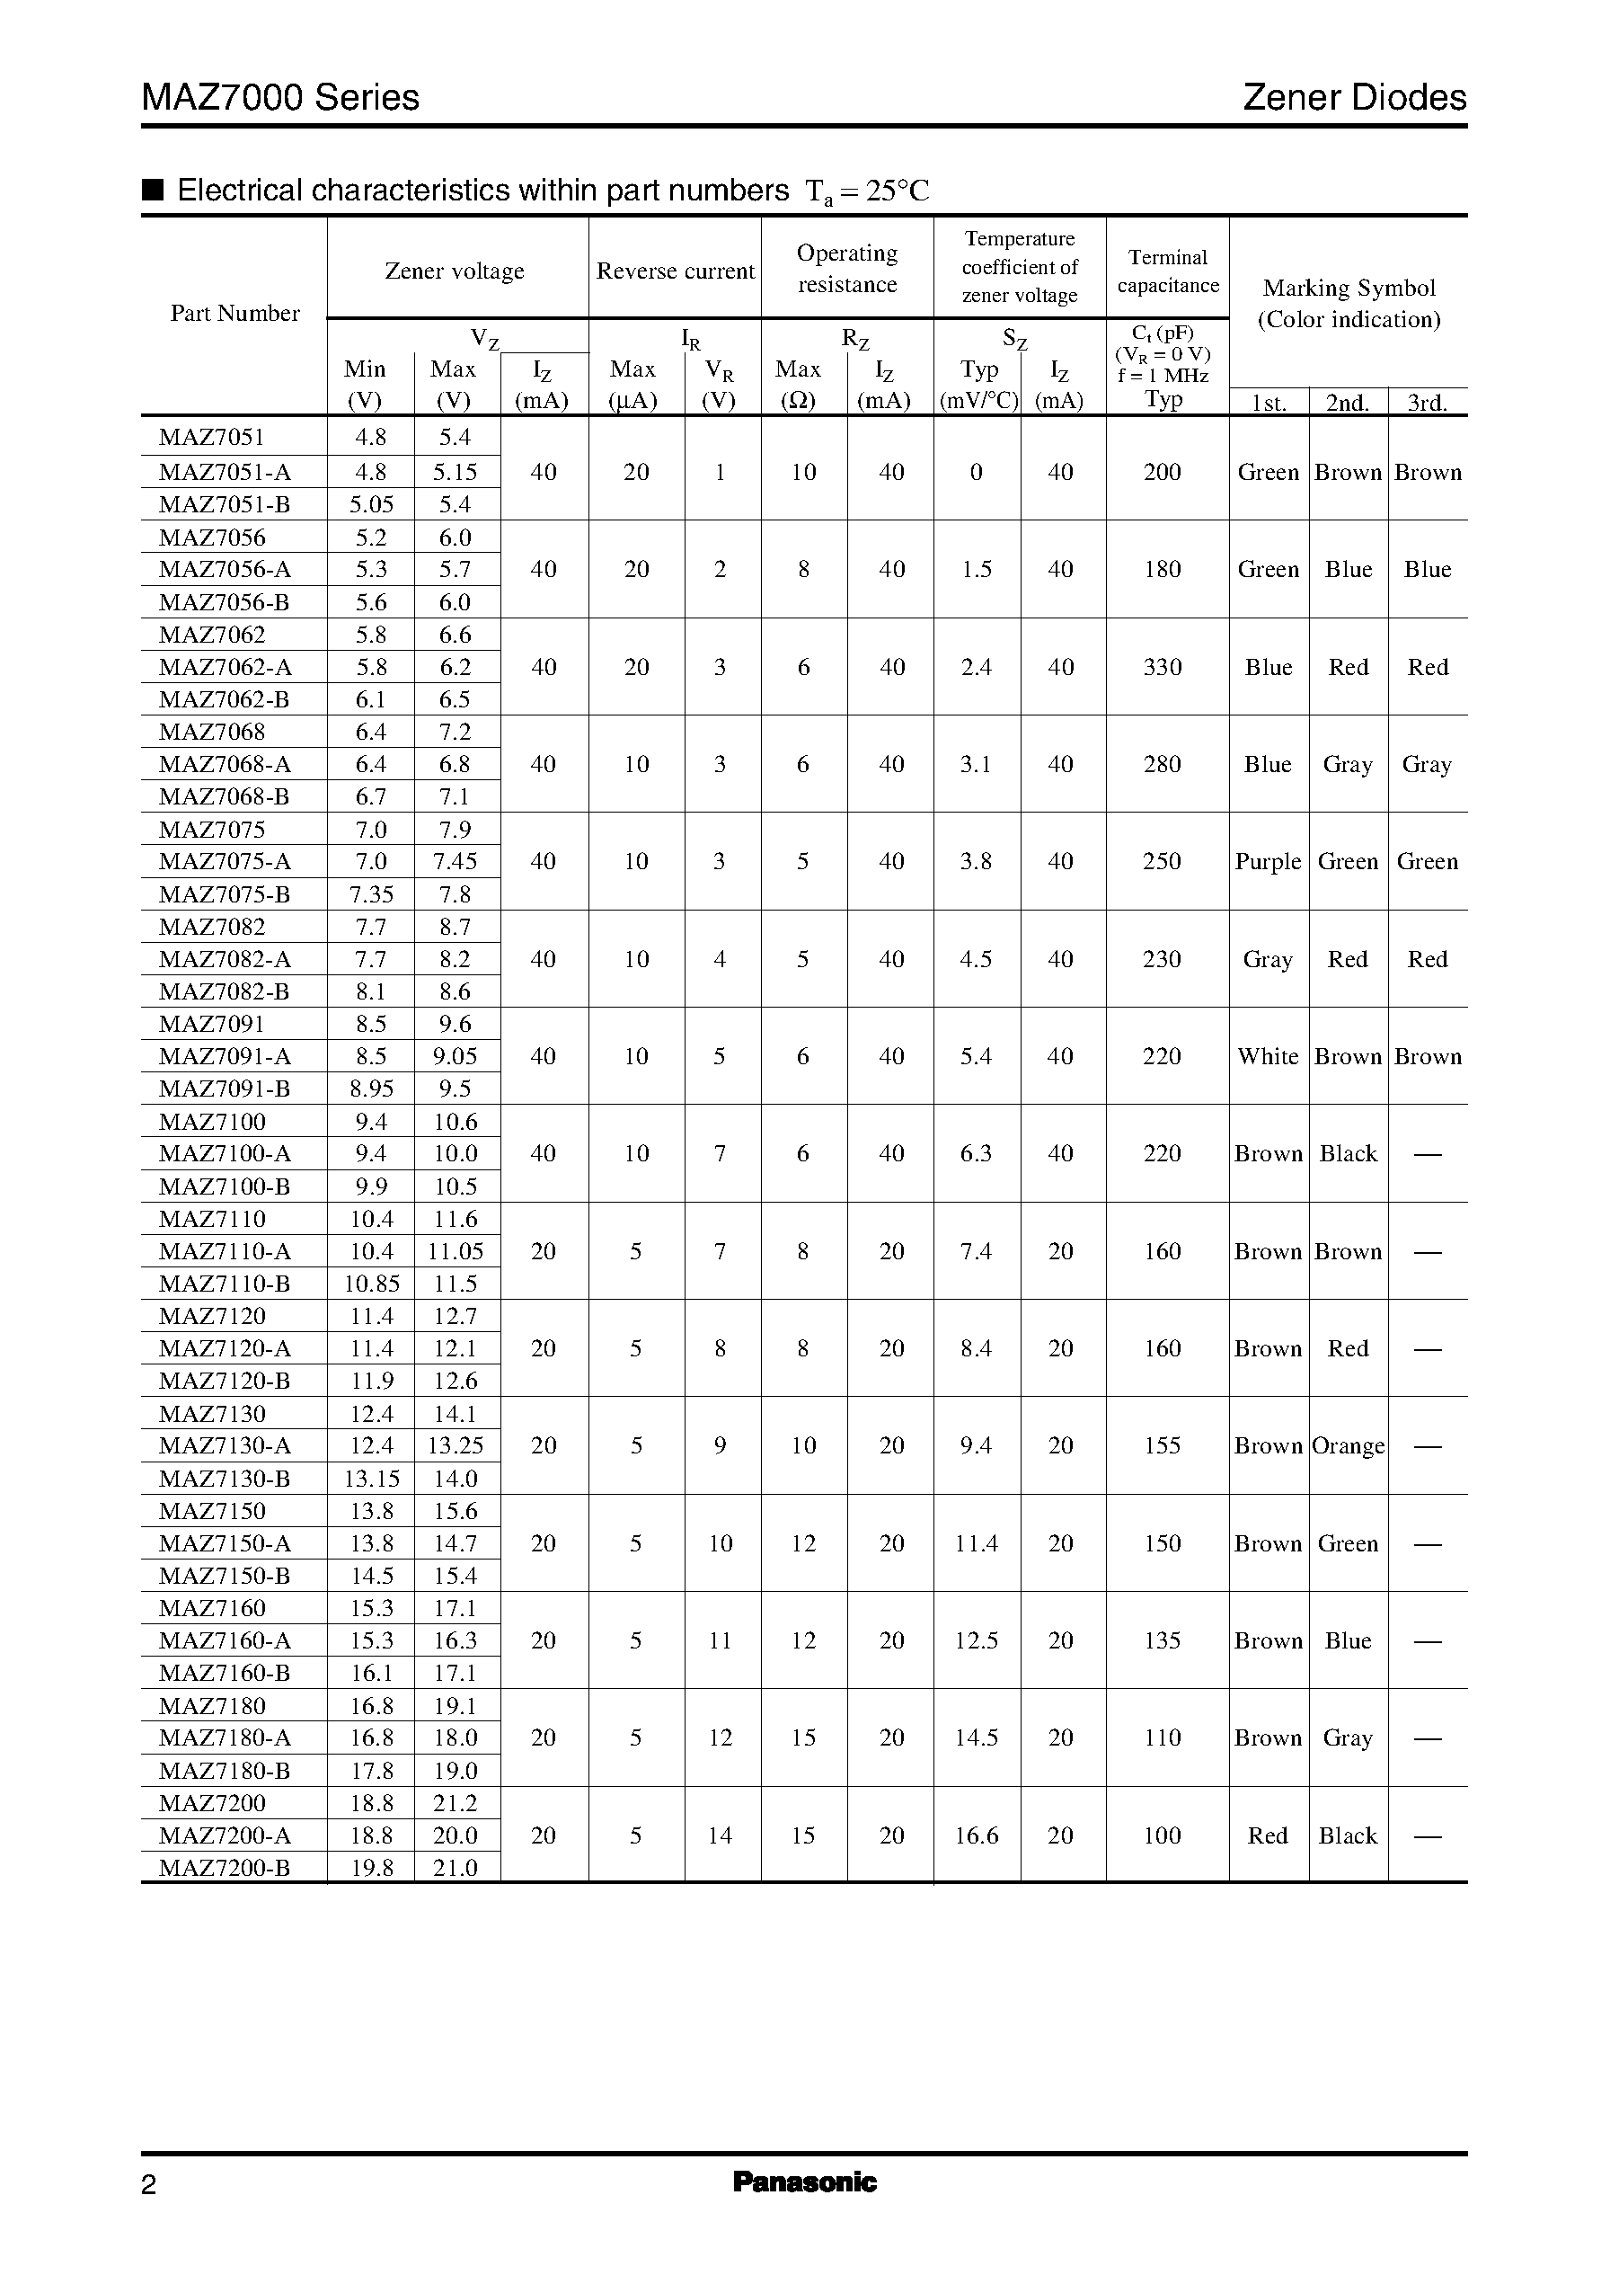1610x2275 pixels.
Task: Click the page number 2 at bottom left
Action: point(149,2185)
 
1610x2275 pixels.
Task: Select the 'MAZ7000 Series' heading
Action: point(280,97)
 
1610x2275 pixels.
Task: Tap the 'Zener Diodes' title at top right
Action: point(1354,97)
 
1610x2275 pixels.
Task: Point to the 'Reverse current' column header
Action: point(675,271)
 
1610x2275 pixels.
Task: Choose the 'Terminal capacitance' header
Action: point(1168,271)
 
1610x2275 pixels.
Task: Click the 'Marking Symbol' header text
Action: point(1349,288)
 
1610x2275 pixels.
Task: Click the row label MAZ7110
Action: point(212,1219)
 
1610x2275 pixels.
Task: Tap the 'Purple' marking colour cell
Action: point(1268,862)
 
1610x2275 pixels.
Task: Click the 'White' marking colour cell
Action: point(1268,1056)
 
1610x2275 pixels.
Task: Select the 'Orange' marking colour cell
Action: point(1349,1446)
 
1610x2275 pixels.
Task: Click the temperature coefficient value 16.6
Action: point(977,1835)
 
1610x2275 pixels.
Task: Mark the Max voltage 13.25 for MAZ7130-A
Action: point(455,1446)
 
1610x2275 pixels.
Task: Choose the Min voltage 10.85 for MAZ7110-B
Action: point(372,1284)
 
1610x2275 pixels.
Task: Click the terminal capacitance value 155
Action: point(1162,1446)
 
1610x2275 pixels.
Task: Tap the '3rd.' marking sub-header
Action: point(1428,403)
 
